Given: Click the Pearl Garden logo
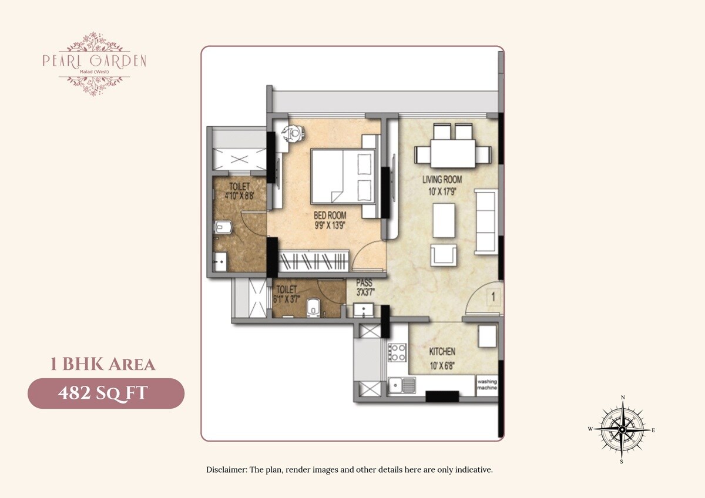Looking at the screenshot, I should pyautogui.click(x=94, y=63).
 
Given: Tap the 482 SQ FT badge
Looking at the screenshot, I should pyautogui.click(x=106, y=393).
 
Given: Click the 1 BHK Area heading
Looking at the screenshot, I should pyautogui.click(x=102, y=365).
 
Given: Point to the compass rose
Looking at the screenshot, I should pyautogui.click(x=622, y=430).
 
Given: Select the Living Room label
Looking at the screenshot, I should pyautogui.click(x=442, y=180).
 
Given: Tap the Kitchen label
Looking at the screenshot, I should pyautogui.click(x=442, y=352).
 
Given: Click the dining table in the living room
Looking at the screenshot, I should pyautogui.click(x=451, y=154).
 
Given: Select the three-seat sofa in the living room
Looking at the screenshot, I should pyautogui.click(x=486, y=222).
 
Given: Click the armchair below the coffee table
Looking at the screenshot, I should pyautogui.click(x=444, y=255).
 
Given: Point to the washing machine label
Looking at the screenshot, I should pyautogui.click(x=487, y=385).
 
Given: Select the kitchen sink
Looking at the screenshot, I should pyautogui.click(x=401, y=386).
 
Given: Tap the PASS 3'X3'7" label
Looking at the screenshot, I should pyautogui.click(x=364, y=287).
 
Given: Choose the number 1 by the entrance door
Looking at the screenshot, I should pyautogui.click(x=493, y=297).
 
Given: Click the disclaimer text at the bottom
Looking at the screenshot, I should pyautogui.click(x=349, y=470).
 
